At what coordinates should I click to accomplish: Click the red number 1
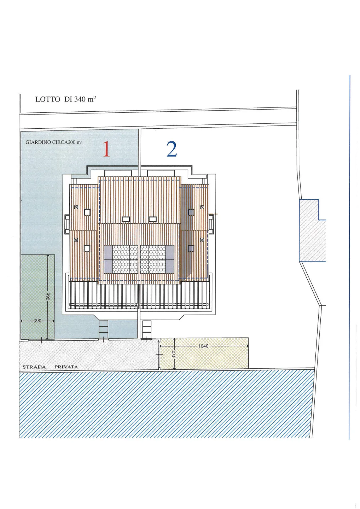[106, 149]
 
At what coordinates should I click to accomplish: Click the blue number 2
[172, 149]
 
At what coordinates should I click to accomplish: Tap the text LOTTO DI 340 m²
[66, 99]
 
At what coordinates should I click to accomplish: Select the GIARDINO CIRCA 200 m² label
[54, 142]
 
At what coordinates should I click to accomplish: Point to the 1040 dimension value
[203, 346]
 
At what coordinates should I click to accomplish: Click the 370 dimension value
[174, 353]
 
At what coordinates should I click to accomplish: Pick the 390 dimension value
[37, 321]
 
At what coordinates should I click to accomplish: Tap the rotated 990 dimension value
[48, 297]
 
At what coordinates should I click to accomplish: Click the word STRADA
[34, 367]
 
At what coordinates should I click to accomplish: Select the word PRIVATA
[66, 367]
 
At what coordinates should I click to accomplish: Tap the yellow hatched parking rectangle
[204, 353]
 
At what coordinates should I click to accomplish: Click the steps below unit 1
[103, 329]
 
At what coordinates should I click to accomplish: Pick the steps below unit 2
[147, 329]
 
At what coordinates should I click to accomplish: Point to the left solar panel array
[121, 259]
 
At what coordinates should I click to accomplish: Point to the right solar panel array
[157, 259]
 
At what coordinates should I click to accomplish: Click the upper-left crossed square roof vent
[76, 207]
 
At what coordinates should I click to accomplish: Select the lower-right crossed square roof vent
[202, 240]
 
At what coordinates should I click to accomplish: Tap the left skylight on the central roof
[126, 219]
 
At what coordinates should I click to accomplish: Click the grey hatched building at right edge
[313, 230]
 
